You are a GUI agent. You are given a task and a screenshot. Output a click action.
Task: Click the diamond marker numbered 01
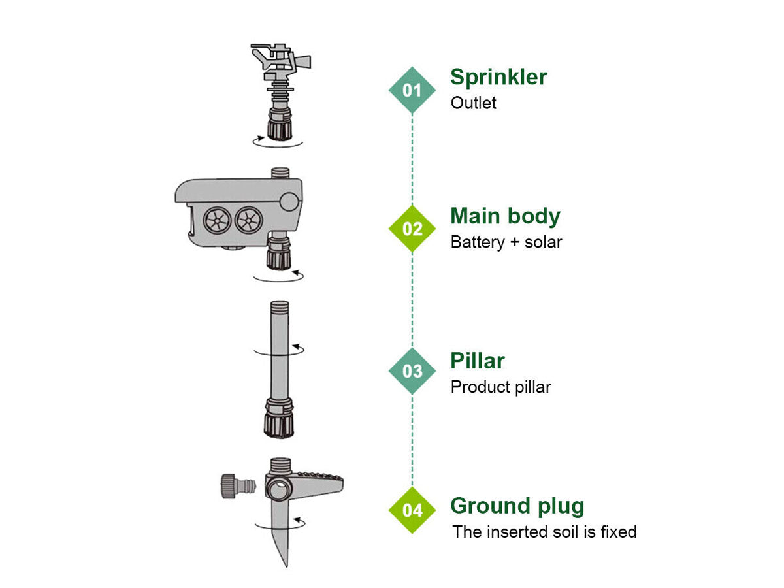pos(412,90)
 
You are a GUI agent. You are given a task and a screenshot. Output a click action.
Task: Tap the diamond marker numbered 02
pos(412,229)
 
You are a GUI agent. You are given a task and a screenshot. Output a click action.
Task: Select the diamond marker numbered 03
pos(412,371)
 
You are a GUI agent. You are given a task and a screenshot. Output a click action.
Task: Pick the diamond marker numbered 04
pos(412,510)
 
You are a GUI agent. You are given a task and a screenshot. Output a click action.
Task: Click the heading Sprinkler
pos(498,77)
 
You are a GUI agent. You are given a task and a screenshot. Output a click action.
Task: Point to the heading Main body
pos(505,216)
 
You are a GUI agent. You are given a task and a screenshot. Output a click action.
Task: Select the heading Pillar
pos(478,361)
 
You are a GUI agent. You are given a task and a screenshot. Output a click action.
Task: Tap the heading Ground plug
pos(517,506)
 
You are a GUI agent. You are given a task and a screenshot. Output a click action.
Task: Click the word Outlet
pos(474,103)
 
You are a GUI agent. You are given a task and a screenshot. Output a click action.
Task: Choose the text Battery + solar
pos(506,242)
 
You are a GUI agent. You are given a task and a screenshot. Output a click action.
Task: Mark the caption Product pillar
pos(501,387)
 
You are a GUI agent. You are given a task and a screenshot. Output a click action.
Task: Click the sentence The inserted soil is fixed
pos(544,532)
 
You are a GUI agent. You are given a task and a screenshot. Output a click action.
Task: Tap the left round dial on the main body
pos(216,221)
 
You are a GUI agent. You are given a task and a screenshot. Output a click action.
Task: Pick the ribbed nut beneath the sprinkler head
pos(279,123)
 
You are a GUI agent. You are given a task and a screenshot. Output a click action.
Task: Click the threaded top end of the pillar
pos(279,308)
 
